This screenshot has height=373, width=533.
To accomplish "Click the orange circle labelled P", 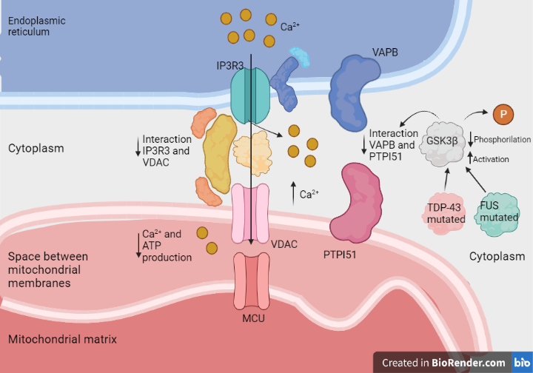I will coord(503,114).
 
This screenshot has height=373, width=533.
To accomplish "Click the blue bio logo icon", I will coord(521,363).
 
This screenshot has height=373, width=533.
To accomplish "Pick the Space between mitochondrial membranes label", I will coord(48,269).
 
